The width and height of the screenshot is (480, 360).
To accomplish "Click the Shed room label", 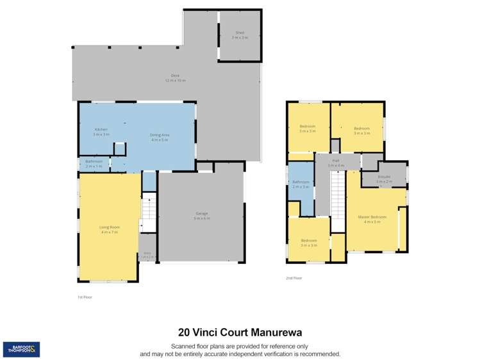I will [x=240, y=32].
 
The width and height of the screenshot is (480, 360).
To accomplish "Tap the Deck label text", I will [x=165, y=76].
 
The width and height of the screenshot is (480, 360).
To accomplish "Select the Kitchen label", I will [x=101, y=129].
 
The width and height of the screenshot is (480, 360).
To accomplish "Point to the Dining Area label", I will [x=160, y=135].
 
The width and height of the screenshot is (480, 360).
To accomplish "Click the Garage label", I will [x=202, y=214].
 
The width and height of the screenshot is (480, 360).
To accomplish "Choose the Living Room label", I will [x=109, y=227].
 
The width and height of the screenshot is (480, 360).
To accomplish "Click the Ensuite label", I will [x=385, y=177].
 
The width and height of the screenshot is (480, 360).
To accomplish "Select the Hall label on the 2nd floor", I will [x=335, y=161].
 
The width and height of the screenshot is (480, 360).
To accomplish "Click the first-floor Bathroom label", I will [x=94, y=161].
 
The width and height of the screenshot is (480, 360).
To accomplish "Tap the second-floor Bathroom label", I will [x=301, y=182].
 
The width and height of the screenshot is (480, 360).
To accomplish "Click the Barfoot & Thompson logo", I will [x=21, y=349].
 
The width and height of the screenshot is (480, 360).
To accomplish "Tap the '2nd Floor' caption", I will [x=294, y=278].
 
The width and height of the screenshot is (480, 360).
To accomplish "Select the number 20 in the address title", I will [x=184, y=332].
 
